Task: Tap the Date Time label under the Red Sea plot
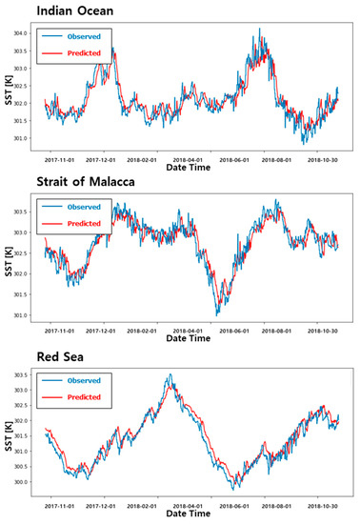tap(194, 513)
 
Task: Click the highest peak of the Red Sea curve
tap(170, 374)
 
